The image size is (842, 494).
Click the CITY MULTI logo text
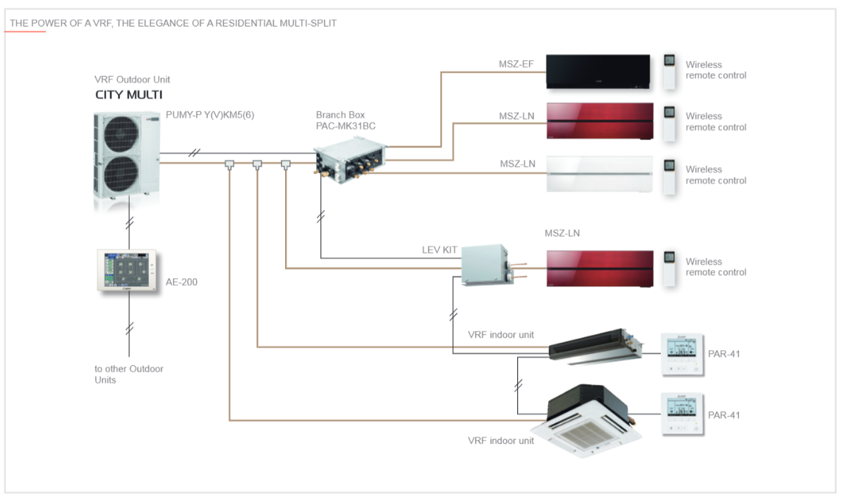129,95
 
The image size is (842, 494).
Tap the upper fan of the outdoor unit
122,133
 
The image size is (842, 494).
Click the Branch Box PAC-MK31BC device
350,160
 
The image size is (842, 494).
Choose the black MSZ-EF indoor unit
597,71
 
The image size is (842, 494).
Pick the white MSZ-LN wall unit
600,174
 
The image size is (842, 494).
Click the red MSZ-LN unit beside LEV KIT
600,268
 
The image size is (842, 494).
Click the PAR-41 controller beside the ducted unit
682,354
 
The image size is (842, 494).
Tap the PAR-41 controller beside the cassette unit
682,414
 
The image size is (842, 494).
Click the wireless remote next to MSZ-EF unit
669,71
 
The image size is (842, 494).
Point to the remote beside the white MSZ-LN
669,176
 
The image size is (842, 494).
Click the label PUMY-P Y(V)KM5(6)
210,115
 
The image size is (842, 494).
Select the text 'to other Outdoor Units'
129,374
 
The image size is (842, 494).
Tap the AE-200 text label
181,282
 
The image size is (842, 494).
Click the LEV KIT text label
439,250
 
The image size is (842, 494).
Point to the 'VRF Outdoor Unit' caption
132,80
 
